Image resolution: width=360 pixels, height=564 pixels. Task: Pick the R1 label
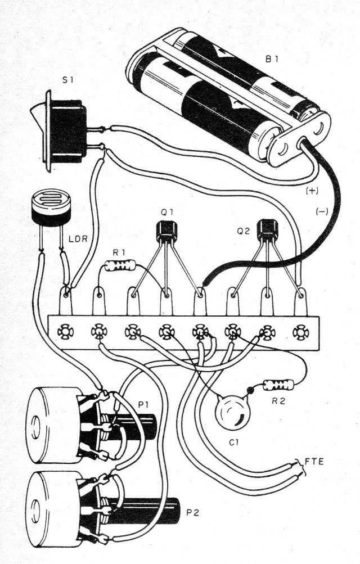coord(119,254)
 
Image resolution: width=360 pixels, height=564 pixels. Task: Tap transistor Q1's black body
coord(166,231)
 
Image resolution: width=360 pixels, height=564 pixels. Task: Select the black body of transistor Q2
coord(267,229)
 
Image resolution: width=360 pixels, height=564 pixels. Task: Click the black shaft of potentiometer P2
coord(161,509)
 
